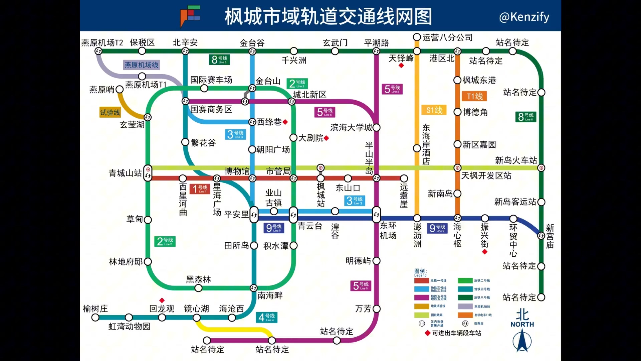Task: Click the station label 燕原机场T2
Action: tap(102, 43)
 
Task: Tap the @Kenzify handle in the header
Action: tap(524, 17)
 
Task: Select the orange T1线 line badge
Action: tap(474, 96)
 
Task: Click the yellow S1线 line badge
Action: tap(434, 110)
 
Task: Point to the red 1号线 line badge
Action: tap(200, 189)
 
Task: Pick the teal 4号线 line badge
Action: tap(267, 317)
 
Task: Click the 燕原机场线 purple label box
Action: tap(141, 65)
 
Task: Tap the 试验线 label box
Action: tap(110, 112)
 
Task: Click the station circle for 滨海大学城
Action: tap(377, 127)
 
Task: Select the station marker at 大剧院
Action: tap(293, 138)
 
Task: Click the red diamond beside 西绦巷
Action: tap(285, 122)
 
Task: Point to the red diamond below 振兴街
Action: tap(485, 252)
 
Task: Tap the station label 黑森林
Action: tap(198, 279)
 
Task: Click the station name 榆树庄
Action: tap(95, 309)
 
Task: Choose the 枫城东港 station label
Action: tap(479, 80)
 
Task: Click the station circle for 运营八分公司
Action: tap(417, 37)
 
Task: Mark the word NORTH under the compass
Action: tap(522, 324)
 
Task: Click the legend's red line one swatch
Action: tap(421, 281)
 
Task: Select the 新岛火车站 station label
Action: tap(516, 160)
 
